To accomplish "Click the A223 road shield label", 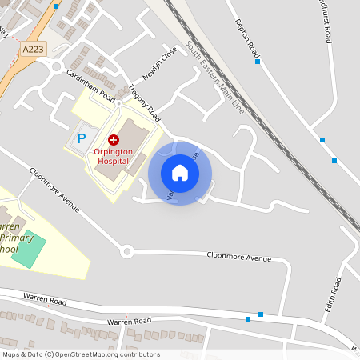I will point(33,49).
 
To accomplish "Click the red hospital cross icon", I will point(113,140).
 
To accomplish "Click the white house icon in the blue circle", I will point(180,173).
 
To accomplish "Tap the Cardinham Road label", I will point(88,87).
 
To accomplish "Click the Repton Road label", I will point(243,41).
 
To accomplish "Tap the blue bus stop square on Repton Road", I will point(258,62).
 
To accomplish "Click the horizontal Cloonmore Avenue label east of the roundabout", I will point(238,258).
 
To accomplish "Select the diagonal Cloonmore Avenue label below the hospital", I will point(54,190).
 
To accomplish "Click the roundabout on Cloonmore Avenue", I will point(126,252).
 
